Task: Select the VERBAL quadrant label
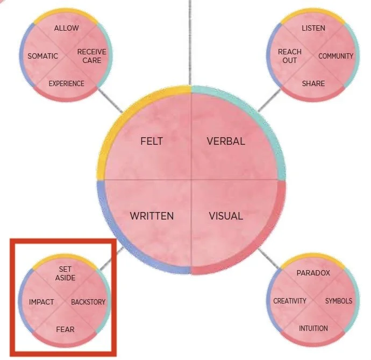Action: click(226, 142)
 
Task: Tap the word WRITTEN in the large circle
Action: click(152, 216)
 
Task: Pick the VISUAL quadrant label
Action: click(225, 216)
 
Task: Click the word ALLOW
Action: click(67, 28)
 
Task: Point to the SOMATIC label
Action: click(43, 56)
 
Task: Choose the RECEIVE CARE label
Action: click(91, 56)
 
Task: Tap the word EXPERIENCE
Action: click(67, 83)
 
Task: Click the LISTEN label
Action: click(313, 28)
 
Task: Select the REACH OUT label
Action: click(290, 56)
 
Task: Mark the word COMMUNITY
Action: click(336, 56)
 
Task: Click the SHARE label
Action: click(313, 83)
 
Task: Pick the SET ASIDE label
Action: click(65, 273)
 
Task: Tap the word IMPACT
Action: click(41, 302)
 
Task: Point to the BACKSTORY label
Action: click(89, 302)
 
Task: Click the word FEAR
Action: click(65, 328)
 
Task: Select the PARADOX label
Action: click(313, 273)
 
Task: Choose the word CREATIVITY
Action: click(290, 301)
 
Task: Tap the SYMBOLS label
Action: click(339, 301)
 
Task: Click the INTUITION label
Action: click(313, 328)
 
